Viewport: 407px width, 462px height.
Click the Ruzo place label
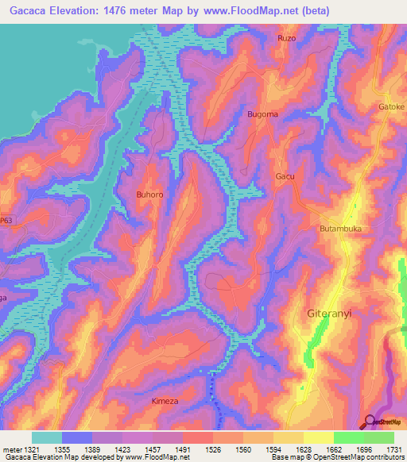[286, 38]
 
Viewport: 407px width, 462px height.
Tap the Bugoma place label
[263, 114]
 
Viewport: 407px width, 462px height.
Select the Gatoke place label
[391, 106]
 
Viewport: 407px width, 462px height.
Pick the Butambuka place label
[340, 229]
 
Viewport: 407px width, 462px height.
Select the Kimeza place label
[165, 402]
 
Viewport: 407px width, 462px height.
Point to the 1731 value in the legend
[390, 449]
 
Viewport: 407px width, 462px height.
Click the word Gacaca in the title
[29, 10]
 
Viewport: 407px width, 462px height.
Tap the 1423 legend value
[123, 449]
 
